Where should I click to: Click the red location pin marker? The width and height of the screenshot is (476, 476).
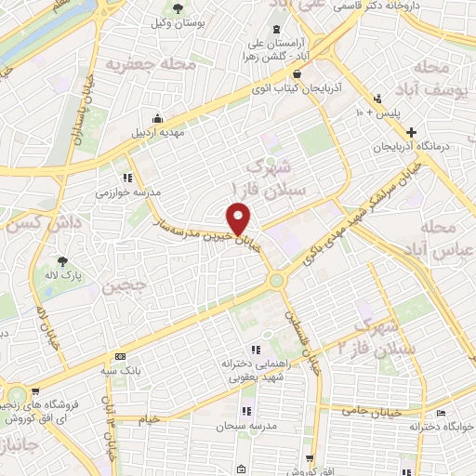[240, 220]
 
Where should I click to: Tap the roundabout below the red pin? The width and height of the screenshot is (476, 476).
[276, 280]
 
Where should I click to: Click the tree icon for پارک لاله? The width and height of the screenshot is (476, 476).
[63, 262]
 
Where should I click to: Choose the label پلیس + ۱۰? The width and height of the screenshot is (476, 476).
[378, 112]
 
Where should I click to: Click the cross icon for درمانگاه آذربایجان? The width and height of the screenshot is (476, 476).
[410, 133]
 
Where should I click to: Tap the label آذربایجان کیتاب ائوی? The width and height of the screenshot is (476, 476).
[294, 89]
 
